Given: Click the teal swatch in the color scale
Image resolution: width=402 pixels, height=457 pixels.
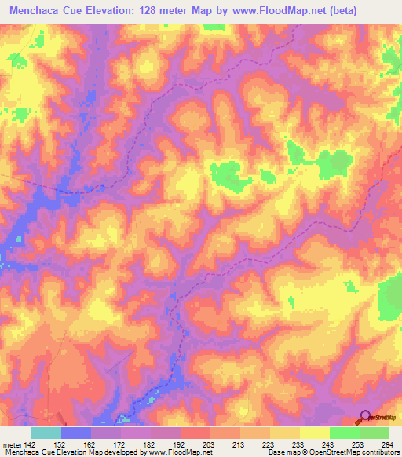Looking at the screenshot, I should [x=46, y=433].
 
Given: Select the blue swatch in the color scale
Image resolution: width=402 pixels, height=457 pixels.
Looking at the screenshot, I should [x=76, y=433].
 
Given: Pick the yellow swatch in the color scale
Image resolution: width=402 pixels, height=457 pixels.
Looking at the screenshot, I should [x=315, y=433].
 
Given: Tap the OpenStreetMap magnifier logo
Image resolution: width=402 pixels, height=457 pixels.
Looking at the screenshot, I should [x=364, y=417].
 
